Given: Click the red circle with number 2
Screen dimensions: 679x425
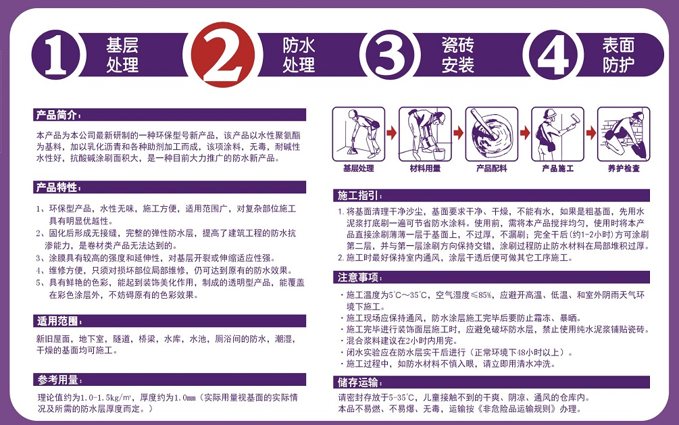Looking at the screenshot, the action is coord(223,55).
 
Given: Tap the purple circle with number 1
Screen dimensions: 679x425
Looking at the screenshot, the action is coord(56,55).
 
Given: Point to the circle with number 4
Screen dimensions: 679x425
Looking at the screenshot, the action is coord(552,55).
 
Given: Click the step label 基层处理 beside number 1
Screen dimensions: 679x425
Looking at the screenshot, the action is coord(122,55).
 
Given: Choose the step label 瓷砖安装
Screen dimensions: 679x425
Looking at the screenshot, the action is coord(457,55).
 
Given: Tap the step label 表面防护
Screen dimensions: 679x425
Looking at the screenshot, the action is coord(618,55).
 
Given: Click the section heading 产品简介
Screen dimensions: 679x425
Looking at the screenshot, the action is coord(57,116).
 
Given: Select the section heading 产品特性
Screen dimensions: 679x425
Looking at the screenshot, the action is coord(57,188).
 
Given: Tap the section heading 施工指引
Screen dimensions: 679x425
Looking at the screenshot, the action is coord(359,195).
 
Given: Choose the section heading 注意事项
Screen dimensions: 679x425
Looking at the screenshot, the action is coord(359,277).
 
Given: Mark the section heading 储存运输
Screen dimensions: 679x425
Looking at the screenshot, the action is coord(359,382).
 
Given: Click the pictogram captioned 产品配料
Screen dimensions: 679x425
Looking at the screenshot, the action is coord(491,134).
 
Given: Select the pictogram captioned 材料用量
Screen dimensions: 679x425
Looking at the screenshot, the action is coord(425,134).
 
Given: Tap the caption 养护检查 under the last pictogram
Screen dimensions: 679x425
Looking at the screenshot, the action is coord(624,168).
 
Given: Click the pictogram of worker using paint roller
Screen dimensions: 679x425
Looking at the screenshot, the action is coord(558,134).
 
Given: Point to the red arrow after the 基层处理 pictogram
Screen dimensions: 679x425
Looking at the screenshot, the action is coord(391,132).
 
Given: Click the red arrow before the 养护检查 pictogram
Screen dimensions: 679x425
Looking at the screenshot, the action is coord(591,132).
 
